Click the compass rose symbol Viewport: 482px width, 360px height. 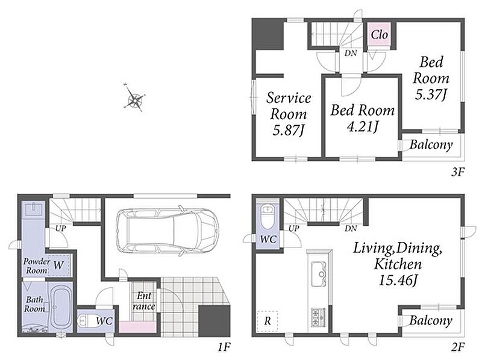134,98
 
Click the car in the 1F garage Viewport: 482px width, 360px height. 167,231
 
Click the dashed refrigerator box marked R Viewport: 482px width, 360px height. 268,321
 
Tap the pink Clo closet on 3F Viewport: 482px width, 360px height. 380,34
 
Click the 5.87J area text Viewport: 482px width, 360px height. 289,131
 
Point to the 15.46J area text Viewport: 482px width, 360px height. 398,280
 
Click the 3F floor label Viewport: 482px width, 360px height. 457,172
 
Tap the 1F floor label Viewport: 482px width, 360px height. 224,347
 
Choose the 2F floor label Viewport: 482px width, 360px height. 457,347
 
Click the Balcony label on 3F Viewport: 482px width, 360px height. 431,144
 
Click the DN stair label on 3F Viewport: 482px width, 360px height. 351,53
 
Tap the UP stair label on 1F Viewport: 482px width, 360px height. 61,228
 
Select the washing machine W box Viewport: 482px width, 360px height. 58,265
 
